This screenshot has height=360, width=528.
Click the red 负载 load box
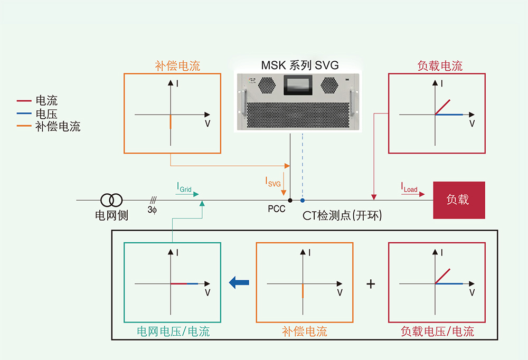coord(459,200)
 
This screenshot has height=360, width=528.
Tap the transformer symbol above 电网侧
coord(111,200)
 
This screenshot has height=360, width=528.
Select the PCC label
coord(276,209)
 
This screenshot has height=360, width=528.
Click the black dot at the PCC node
coord(290,200)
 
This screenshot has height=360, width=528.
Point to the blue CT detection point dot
coord(303,200)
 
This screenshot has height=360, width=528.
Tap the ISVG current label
coord(272,182)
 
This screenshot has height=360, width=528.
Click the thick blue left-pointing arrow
coord(239,283)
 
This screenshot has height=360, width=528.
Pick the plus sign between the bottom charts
coord(371,284)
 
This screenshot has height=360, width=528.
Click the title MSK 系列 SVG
coord(299,65)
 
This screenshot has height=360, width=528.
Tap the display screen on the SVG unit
coord(300,85)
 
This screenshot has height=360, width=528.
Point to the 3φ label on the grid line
coord(152,210)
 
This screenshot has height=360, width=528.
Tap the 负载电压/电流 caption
coord(437,331)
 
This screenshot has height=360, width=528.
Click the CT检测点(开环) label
coord(342,215)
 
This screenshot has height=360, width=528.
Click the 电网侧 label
coord(111,215)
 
